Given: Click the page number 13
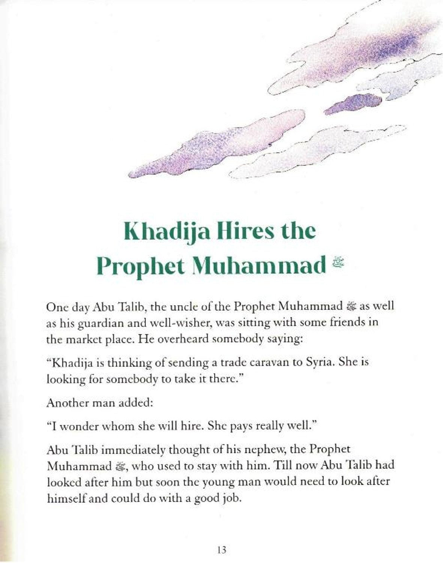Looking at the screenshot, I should click(222, 550).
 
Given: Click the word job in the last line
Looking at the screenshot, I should click(230, 499).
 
